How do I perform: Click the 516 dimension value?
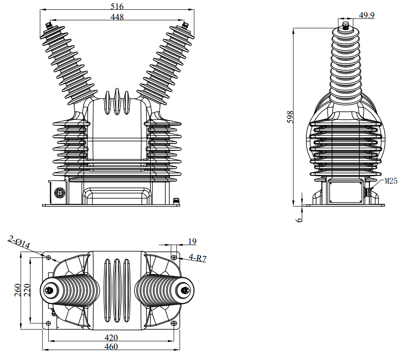118,6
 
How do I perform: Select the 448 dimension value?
118,17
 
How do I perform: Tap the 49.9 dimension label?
366,15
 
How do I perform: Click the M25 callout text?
391,181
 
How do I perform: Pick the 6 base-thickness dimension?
299,218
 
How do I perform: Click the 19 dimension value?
192,241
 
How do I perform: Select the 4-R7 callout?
198,258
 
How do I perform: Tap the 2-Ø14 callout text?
19,242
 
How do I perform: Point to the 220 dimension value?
26,290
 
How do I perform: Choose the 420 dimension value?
111,337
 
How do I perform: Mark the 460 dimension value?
111,347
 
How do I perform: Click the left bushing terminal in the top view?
48,290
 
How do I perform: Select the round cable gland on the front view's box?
59,193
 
